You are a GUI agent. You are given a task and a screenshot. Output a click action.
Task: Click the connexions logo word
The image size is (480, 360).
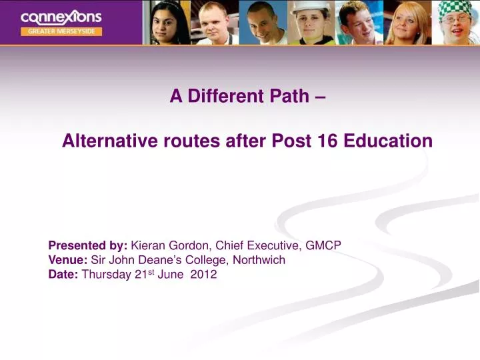61,17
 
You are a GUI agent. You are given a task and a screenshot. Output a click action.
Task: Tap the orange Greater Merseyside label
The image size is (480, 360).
61,31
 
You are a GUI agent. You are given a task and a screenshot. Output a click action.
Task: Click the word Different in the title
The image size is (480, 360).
224,97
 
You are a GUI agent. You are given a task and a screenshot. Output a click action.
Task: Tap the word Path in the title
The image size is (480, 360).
288,97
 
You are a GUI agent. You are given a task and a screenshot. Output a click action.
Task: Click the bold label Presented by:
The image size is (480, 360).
88,245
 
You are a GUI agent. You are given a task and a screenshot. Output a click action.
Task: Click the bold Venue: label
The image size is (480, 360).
68,260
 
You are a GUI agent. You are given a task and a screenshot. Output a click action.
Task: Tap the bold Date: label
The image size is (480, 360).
63,275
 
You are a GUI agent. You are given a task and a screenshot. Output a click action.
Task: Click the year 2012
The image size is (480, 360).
203,275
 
